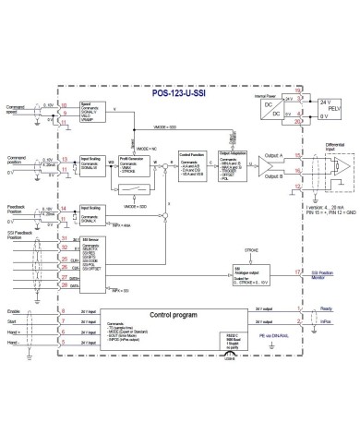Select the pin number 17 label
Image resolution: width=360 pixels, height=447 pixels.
click(296, 273)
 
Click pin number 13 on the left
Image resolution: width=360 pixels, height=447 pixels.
click(63, 159)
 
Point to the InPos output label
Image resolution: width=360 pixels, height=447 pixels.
click(328, 325)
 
